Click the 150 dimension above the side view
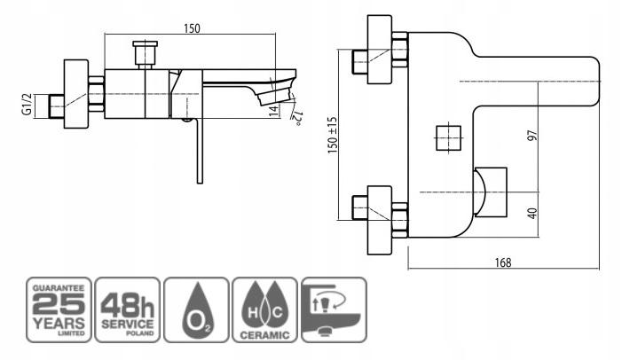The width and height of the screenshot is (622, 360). tap(192, 28)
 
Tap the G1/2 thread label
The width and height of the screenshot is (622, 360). tap(27, 105)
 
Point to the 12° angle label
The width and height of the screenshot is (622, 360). tap(297, 119)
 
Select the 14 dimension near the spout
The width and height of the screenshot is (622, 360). tap(273, 112)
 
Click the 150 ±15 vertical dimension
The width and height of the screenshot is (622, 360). tap(333, 135)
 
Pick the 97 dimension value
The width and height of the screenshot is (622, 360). tap(532, 135)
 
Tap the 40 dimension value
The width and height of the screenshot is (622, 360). tap(532, 214)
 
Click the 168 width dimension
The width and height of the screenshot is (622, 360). tap(503, 262)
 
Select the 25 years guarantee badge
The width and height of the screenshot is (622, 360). tap(59, 309)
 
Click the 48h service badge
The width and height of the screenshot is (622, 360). tap(128, 309)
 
